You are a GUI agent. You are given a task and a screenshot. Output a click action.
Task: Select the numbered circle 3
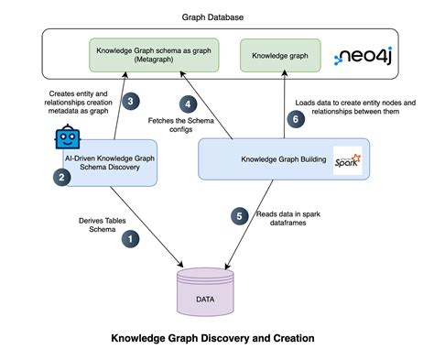point(131,101)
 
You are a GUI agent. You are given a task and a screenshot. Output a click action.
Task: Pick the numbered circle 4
point(190,104)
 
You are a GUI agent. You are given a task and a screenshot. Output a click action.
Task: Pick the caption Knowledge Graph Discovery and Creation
point(212,338)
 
